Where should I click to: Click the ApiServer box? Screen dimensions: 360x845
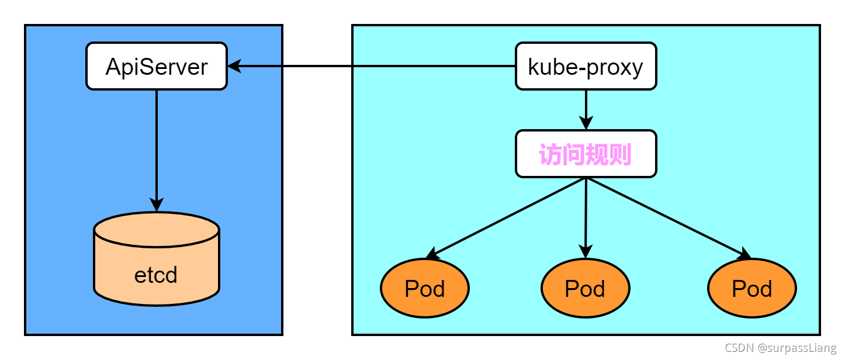[157, 66]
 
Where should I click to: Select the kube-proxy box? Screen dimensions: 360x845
[586, 66]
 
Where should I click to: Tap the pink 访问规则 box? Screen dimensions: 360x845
[586, 154]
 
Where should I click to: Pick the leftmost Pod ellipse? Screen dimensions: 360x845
[425, 288]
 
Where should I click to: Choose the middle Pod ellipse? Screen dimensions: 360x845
[586, 288]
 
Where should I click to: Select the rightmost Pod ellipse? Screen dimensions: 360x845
[752, 288]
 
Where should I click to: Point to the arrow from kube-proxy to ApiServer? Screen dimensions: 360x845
[374, 66]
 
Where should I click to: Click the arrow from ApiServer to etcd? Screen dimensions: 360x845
[157, 146]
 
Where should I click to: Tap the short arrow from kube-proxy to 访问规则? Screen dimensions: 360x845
[586, 108]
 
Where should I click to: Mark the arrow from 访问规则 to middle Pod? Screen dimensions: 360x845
[586, 216]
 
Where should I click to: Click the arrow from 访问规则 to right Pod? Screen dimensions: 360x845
[666, 216]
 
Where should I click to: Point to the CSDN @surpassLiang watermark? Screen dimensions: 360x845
[781, 348]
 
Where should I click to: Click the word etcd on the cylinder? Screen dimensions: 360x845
[155, 275]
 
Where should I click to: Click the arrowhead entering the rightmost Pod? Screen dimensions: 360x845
[744, 254]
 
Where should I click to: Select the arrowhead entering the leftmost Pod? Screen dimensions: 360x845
[432, 254]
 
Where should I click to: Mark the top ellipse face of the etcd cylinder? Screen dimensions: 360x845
[157, 229]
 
